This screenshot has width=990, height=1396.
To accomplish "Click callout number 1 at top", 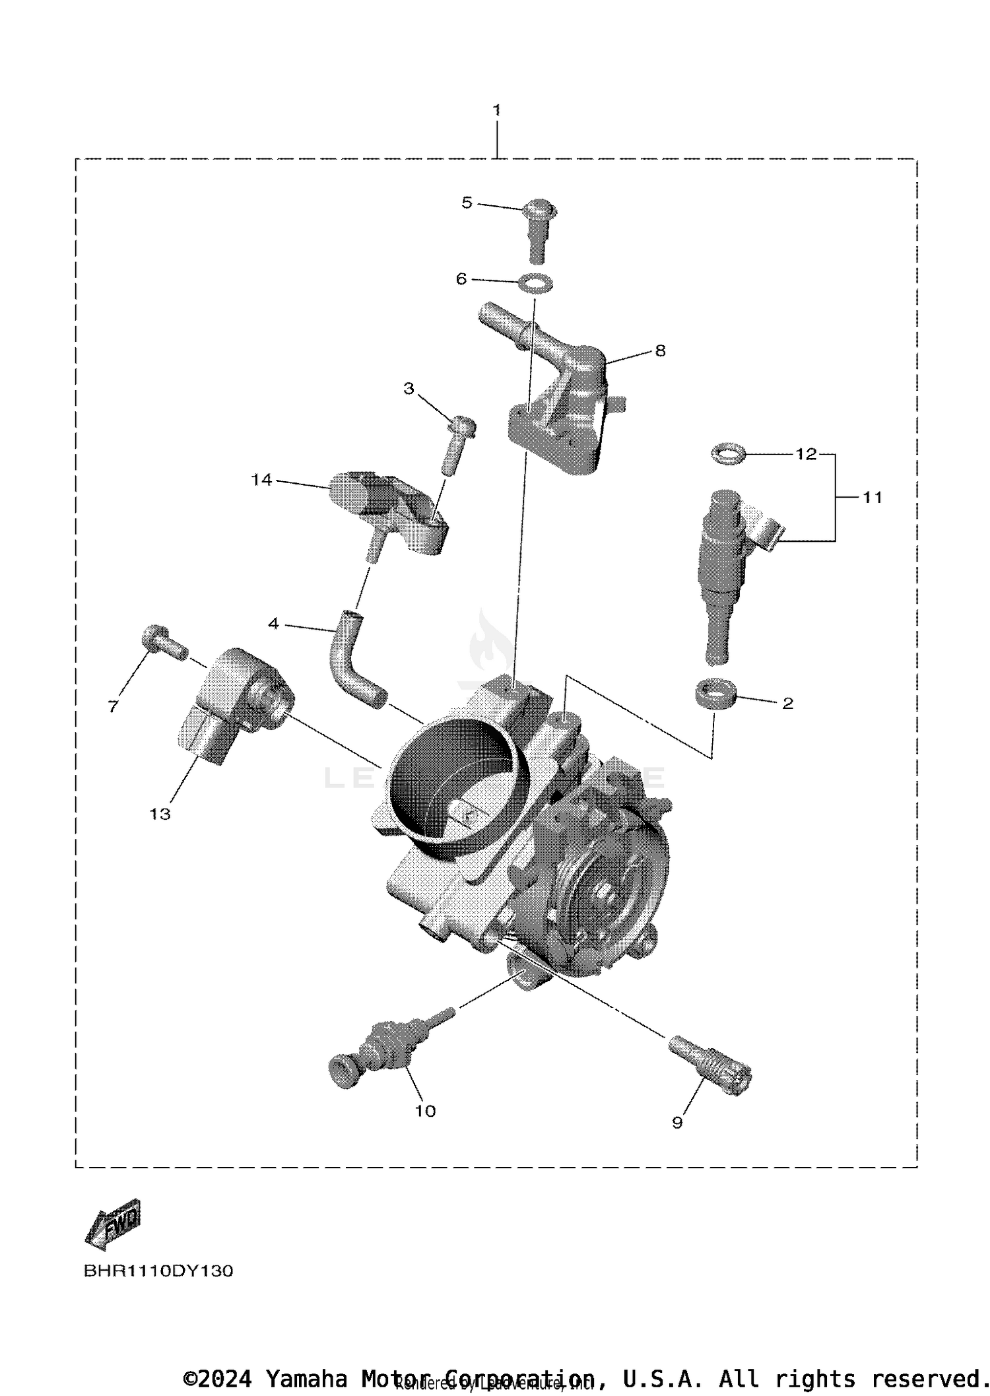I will [x=496, y=110].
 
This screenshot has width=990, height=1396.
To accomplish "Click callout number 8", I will [x=660, y=351].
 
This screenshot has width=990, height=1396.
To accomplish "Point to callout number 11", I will [x=873, y=498].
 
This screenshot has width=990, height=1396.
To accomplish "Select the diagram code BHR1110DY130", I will [x=158, y=1289].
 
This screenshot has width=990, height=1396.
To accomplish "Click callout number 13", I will [x=160, y=814].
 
